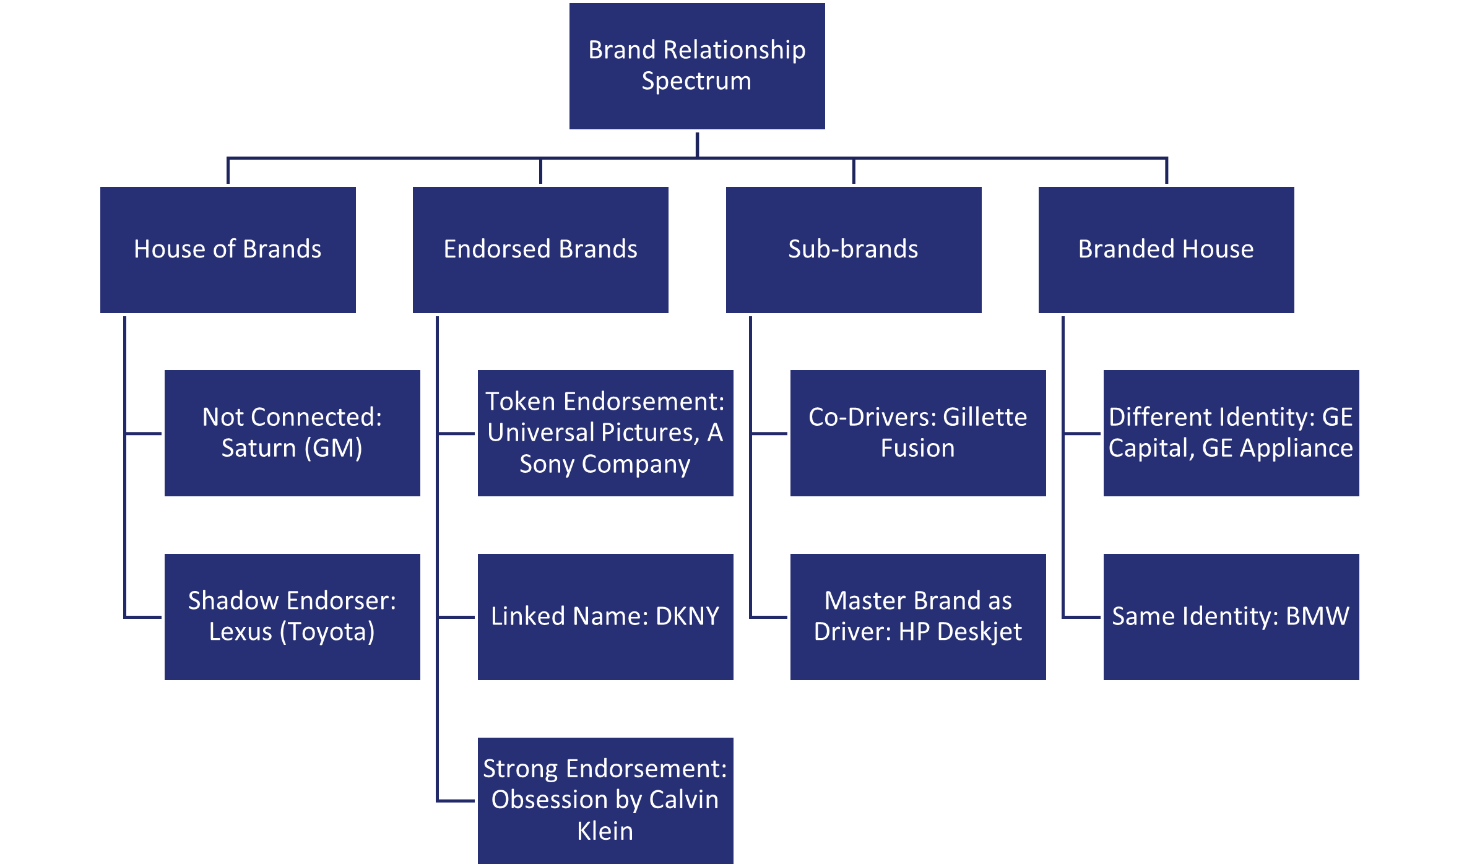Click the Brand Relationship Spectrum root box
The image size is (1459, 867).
[697, 66]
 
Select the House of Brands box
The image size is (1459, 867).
[228, 249]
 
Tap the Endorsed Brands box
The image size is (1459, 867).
[540, 249]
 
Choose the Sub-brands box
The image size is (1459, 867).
[854, 249]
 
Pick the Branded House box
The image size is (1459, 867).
[1166, 249]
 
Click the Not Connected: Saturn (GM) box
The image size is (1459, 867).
[292, 433]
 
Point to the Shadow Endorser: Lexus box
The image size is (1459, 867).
[292, 616]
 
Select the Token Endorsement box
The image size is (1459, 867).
[605, 433]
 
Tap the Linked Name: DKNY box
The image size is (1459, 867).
[605, 616]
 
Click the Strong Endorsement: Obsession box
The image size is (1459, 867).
[605, 800]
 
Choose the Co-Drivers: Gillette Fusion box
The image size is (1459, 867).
[918, 433]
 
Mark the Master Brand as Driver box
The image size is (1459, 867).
[918, 616]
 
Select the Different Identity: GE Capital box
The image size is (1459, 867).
[1231, 433]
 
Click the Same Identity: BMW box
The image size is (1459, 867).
[1231, 616]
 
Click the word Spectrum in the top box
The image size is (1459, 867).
[696, 82]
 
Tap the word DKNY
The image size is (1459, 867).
[687, 616]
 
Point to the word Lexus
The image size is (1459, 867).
[240, 632]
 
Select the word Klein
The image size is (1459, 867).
[605, 830]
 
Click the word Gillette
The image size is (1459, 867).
[984, 417]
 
